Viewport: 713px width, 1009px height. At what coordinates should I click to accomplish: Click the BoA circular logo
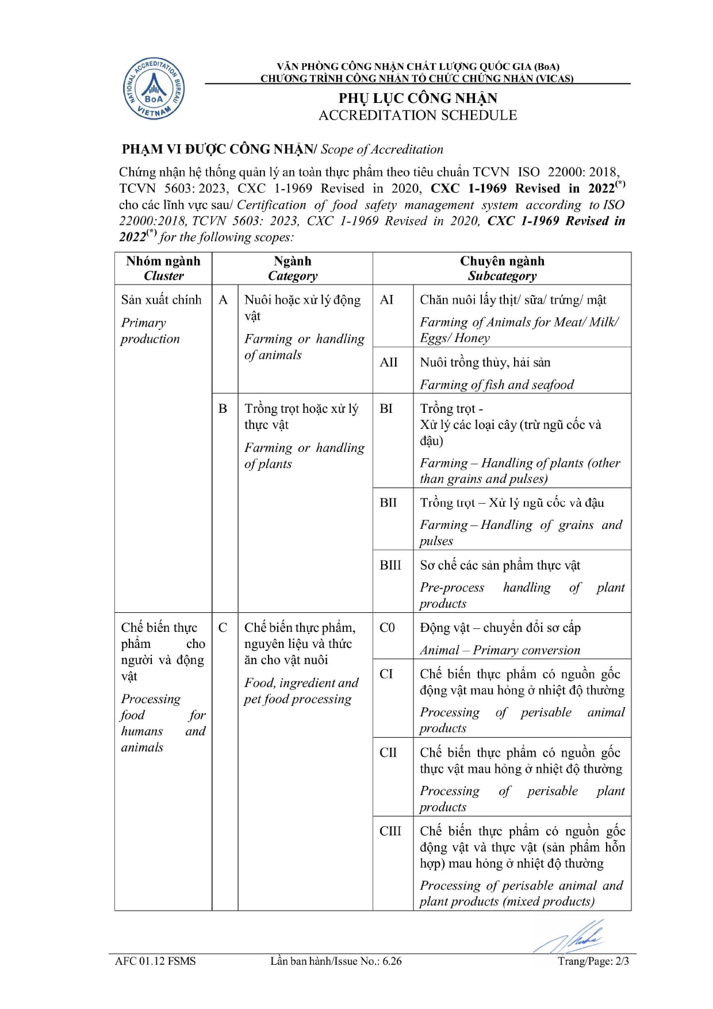(x=154, y=89)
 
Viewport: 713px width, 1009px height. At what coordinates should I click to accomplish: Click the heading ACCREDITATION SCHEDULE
(x=417, y=116)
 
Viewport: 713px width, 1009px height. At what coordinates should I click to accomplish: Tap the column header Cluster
(x=163, y=276)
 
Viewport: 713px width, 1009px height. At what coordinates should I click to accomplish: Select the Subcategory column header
(x=501, y=276)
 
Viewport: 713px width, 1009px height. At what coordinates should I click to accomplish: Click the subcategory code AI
(x=387, y=300)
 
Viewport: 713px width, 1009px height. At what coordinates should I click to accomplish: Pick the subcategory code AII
(x=389, y=362)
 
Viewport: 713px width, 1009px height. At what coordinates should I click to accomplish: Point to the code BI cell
(x=386, y=409)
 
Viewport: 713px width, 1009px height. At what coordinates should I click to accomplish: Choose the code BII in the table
(x=388, y=502)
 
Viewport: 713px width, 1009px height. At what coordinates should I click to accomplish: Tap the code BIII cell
(x=390, y=565)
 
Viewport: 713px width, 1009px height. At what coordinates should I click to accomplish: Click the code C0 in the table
(x=388, y=628)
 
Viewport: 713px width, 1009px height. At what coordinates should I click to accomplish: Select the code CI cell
(x=386, y=674)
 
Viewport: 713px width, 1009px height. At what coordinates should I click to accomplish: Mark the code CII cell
(x=388, y=753)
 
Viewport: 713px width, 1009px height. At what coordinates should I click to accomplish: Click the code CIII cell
(x=390, y=831)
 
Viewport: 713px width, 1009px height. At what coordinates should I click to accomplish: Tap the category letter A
(x=223, y=300)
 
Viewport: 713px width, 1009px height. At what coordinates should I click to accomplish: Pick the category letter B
(x=223, y=409)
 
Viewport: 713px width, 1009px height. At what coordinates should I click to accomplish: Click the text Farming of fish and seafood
(x=497, y=385)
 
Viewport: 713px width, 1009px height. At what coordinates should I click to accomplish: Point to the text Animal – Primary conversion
(x=500, y=650)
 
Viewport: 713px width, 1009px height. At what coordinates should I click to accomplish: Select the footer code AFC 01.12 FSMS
(x=155, y=961)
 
